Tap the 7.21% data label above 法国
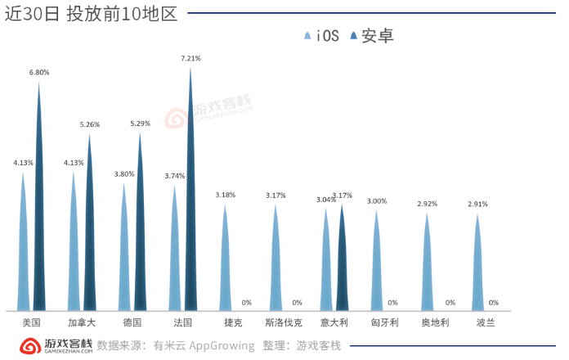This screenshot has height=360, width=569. [190, 59]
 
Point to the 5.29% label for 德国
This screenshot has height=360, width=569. [141, 124]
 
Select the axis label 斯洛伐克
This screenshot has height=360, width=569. [284, 322]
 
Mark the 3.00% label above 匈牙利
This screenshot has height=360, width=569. [377, 200]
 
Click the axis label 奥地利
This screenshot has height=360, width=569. [435, 322]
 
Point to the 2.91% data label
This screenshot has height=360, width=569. [477, 204]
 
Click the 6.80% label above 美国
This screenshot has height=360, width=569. [39, 72]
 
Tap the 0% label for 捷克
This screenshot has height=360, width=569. [246, 303]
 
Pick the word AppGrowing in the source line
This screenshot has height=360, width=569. [222, 345]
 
